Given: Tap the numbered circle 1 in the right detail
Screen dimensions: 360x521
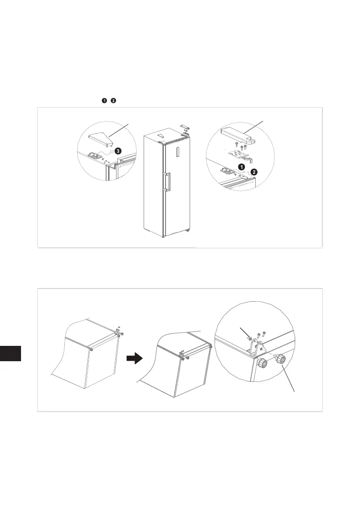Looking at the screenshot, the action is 241,166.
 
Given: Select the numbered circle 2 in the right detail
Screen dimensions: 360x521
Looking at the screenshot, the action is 254,172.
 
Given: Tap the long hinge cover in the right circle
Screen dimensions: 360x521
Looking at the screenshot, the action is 238,134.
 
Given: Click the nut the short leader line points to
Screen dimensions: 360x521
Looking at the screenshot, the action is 249,338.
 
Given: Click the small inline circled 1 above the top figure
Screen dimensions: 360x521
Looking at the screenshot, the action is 104,101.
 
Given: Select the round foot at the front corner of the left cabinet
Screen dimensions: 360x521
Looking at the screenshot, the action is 91,350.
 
